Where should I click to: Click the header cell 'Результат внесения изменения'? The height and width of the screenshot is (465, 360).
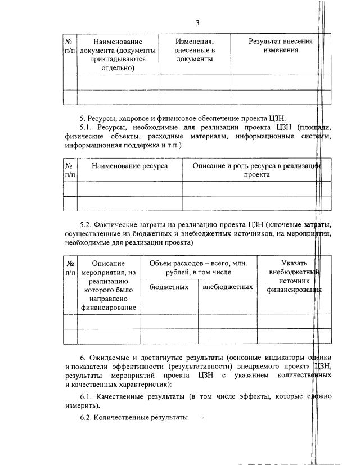(280, 46)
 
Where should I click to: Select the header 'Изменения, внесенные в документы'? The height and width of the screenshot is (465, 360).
(194, 50)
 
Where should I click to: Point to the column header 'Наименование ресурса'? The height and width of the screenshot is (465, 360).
(130, 166)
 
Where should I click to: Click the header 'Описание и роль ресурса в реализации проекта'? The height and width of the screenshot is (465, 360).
(256, 170)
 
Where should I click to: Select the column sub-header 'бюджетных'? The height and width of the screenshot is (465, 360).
(169, 287)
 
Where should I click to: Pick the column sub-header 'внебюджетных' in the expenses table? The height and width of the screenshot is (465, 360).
(227, 287)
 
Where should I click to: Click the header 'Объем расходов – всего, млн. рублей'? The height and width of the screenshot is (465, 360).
(198, 268)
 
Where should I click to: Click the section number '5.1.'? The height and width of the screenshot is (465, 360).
(87, 127)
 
